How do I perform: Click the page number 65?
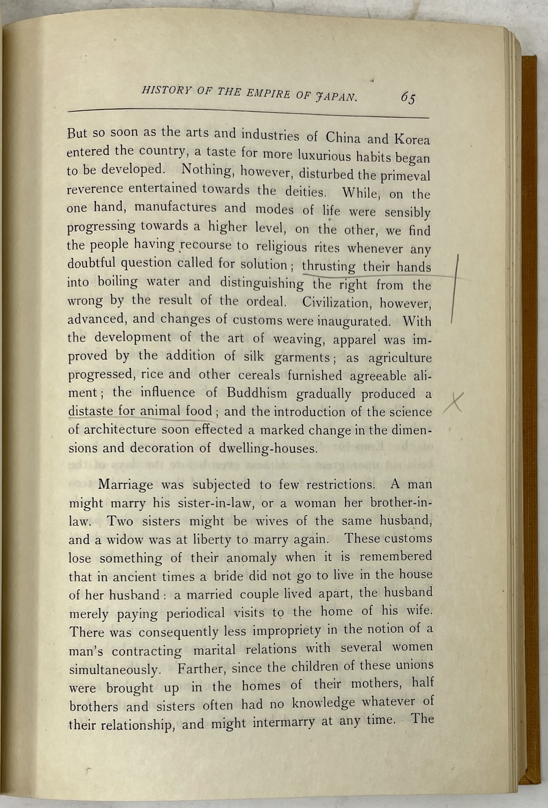pyautogui.click(x=408, y=98)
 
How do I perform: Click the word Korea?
pyautogui.click(x=412, y=139)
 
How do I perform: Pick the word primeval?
pyautogui.click(x=405, y=176)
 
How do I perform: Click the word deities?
pyautogui.click(x=306, y=191)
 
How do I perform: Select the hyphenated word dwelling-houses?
pyautogui.click(x=268, y=449)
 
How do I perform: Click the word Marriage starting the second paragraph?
pyautogui.click(x=125, y=485)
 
